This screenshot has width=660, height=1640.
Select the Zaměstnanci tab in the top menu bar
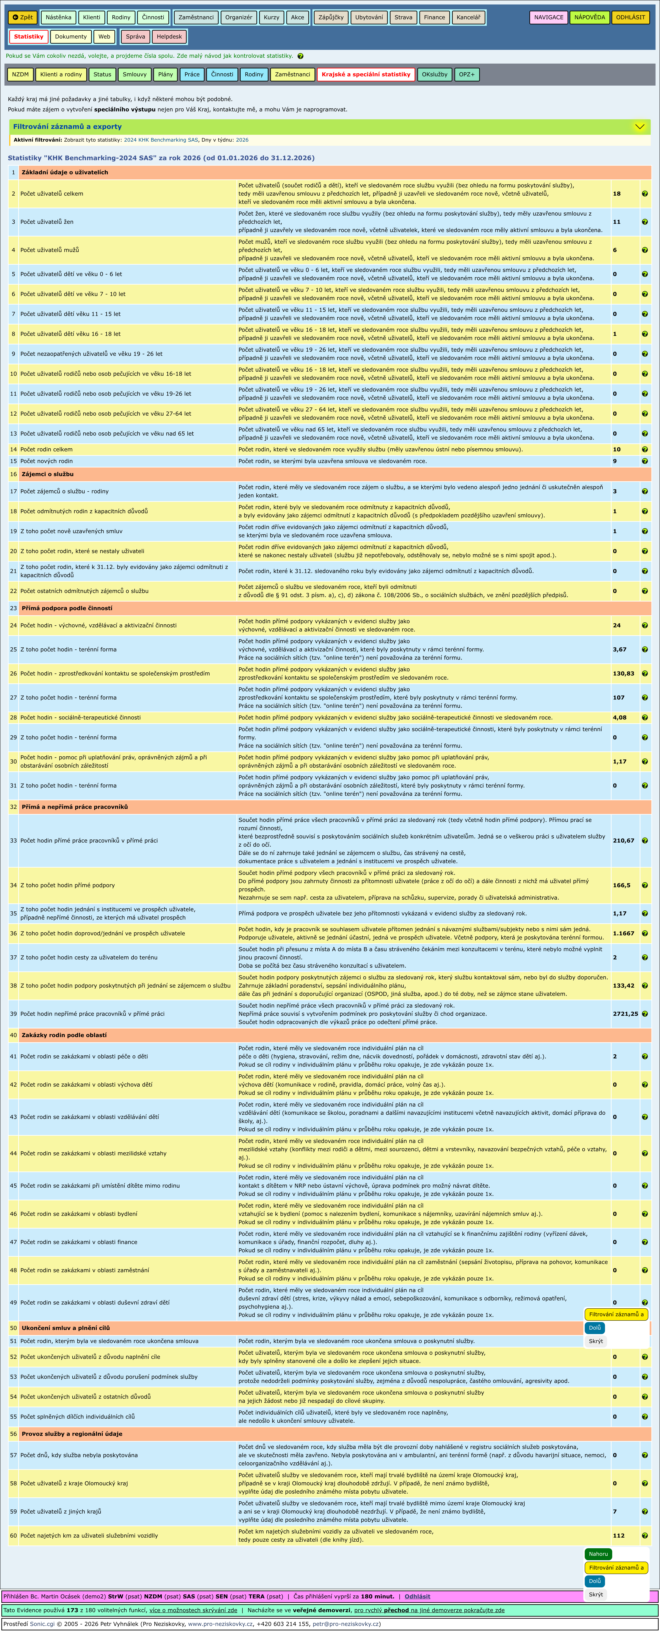point(196,17)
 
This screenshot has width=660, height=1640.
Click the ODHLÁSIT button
point(630,17)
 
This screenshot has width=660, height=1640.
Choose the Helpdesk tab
point(169,36)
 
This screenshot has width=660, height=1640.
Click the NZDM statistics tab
point(20,74)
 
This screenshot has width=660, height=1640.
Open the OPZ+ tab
point(466,74)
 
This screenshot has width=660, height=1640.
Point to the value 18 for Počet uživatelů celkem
point(617,194)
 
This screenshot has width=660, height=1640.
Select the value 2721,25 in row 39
point(625,1014)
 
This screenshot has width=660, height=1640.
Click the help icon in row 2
point(645,194)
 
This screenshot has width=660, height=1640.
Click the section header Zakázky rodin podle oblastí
point(64,1035)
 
